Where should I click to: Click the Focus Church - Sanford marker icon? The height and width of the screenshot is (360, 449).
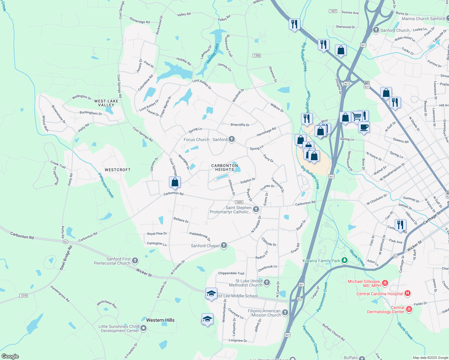tap(231, 139)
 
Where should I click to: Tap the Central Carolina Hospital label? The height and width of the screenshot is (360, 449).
tap(379, 294)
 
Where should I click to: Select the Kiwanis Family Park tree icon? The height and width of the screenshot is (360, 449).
tap(345, 260)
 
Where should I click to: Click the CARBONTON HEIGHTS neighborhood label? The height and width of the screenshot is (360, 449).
tap(224, 167)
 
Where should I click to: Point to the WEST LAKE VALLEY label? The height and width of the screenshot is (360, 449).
tap(106, 103)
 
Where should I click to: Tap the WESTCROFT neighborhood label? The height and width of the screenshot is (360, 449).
tap(118, 170)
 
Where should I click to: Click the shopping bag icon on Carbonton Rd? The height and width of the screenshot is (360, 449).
tap(175, 182)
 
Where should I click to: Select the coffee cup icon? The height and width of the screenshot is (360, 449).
tap(364, 127)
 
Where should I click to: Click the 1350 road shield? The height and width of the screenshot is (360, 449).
tap(257, 55)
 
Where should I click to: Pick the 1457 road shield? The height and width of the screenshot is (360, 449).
tap(333, 11)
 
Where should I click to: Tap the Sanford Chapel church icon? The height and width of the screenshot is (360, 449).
tap(224, 246)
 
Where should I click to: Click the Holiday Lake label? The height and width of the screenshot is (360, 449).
tap(213, 53)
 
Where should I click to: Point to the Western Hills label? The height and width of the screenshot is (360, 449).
tap(160, 320)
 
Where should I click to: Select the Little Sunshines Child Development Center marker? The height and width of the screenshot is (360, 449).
tap(143, 328)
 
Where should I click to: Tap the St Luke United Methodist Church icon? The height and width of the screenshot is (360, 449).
tap(267, 283)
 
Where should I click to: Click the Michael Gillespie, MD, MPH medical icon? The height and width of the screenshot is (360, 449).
tap(385, 283)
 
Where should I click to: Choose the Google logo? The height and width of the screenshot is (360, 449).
tap(10, 356)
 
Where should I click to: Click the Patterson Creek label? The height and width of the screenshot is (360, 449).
tap(106, 185)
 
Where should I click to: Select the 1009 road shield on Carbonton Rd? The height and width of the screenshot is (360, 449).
tap(239, 202)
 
